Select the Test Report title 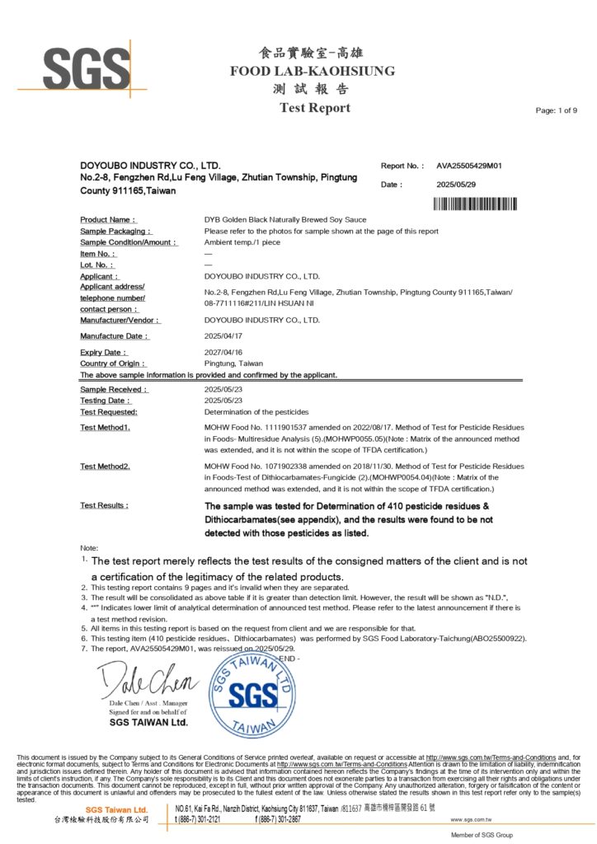pyautogui.click(x=314, y=108)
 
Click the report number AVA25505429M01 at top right pyautogui.click(x=468, y=166)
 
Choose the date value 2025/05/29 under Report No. pyautogui.click(x=456, y=185)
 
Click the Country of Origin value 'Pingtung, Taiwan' pyautogui.click(x=233, y=363)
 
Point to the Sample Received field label pyautogui.click(x=114, y=389)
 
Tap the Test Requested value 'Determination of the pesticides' pyautogui.click(x=256, y=411)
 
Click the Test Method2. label pyautogui.click(x=105, y=467)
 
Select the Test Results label pyautogui.click(x=104, y=505)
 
